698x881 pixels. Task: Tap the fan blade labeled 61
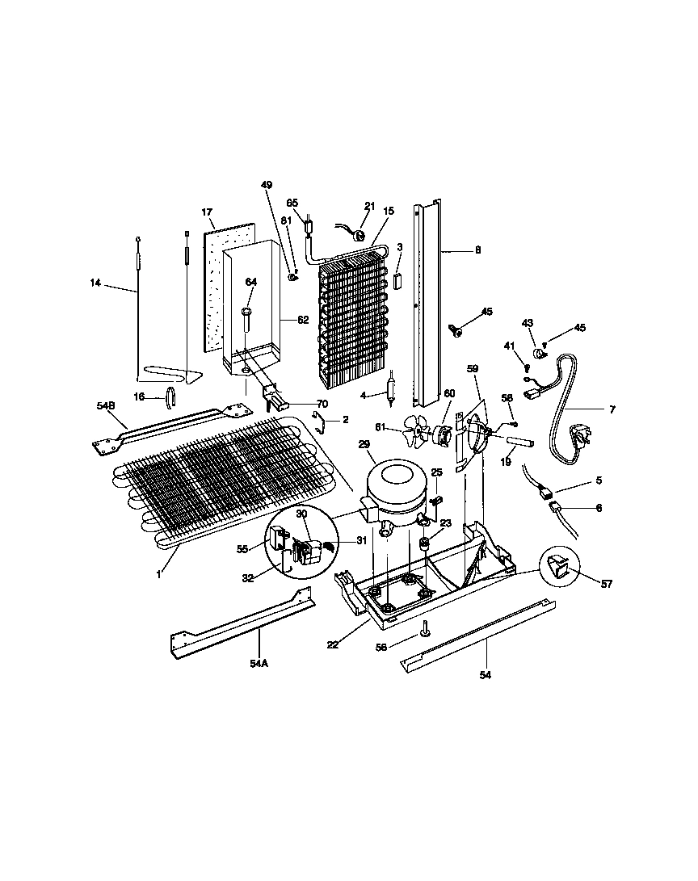point(420,435)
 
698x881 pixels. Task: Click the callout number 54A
point(259,662)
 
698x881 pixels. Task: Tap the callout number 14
point(95,283)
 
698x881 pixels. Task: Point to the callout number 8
point(477,250)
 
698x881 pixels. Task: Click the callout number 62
point(302,321)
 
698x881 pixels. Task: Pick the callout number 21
point(370,206)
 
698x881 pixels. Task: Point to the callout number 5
point(599,480)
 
